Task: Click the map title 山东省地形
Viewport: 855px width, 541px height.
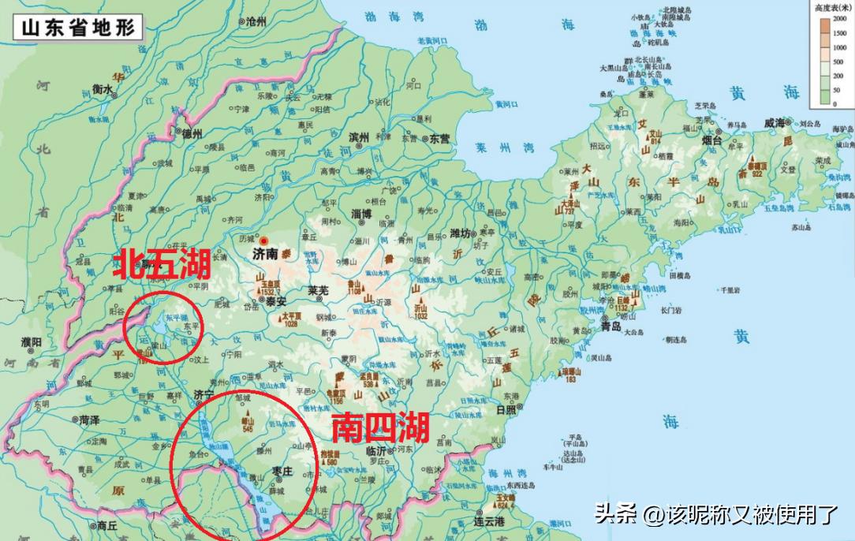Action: click(79, 27)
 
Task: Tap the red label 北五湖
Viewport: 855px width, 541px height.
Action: click(162, 263)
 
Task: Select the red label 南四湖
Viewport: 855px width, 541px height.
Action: click(379, 427)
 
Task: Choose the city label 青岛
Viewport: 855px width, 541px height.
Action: click(611, 326)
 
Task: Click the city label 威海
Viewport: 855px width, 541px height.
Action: click(775, 123)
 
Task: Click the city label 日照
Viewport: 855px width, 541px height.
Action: click(506, 409)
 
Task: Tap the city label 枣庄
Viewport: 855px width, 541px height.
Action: click(282, 471)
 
